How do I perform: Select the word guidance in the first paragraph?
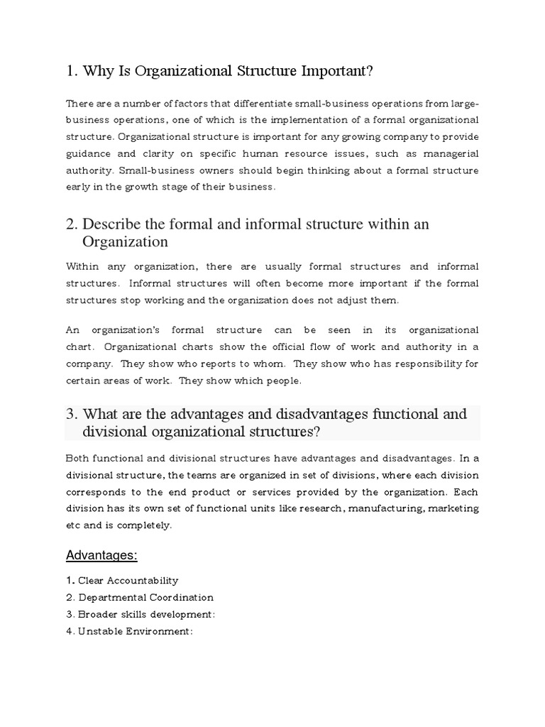point(90,153)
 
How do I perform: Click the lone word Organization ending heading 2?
point(125,241)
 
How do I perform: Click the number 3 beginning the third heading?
point(70,414)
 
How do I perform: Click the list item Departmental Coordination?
point(145,598)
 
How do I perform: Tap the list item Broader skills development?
point(146,615)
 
